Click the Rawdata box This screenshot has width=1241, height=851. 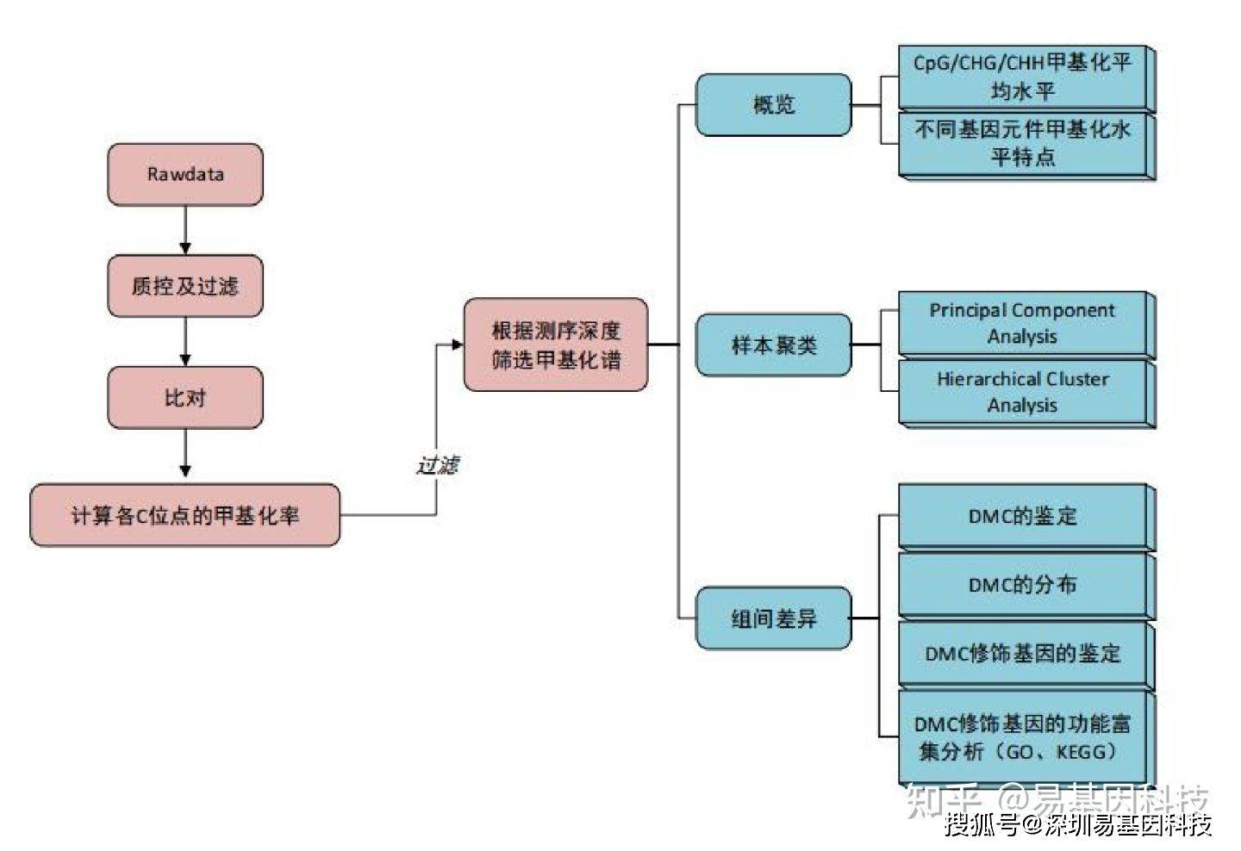[185, 174]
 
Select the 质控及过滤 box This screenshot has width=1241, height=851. [185, 286]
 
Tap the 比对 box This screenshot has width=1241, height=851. [185, 397]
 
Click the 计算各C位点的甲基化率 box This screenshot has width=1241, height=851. [185, 515]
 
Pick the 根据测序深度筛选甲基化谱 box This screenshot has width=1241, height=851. [556, 345]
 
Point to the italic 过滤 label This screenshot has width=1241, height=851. [438, 465]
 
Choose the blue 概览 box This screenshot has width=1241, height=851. [773, 104]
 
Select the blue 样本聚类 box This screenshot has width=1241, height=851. [773, 345]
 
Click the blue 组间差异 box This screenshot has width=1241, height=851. [773, 618]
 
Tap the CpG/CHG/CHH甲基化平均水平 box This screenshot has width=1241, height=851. [1026, 78]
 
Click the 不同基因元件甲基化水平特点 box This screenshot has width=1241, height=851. [1026, 146]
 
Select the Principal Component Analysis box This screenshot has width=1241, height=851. [1026, 325]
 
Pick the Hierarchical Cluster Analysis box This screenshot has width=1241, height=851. [1026, 394]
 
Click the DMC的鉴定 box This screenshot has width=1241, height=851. [1026, 517]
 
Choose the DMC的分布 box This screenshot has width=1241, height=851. [1026, 586]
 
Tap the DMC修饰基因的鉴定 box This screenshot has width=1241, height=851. [1026, 655]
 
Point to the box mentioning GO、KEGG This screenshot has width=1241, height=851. [1026, 737]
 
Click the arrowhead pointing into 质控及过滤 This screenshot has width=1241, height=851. [185, 249]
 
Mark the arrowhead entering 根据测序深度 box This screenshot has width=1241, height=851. [458, 345]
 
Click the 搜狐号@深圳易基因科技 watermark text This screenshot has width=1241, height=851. [1078, 825]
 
